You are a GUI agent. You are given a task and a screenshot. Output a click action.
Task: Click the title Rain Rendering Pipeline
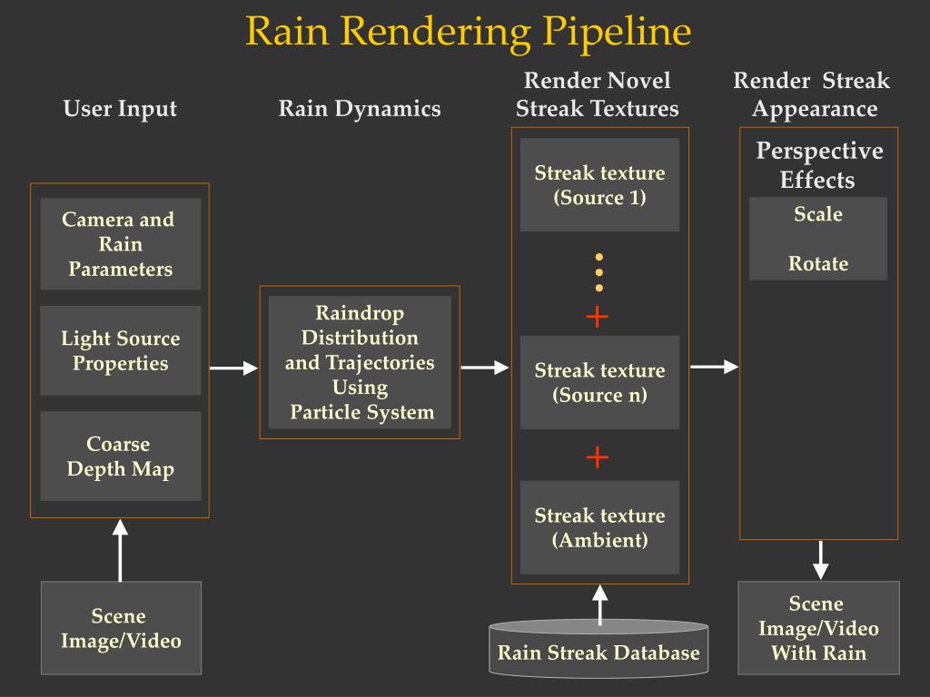click(x=469, y=32)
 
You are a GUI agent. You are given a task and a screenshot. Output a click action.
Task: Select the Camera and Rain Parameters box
click(x=121, y=243)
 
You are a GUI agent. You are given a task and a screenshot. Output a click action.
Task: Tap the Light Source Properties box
click(x=121, y=350)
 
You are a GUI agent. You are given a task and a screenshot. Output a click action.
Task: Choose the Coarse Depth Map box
click(x=121, y=456)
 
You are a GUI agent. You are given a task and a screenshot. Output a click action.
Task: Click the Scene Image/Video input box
click(x=121, y=628)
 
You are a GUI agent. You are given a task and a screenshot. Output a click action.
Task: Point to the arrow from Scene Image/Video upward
click(x=121, y=551)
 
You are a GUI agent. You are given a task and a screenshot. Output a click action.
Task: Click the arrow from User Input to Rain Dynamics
click(x=233, y=368)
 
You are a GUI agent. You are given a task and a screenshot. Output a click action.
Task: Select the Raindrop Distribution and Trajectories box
click(x=360, y=362)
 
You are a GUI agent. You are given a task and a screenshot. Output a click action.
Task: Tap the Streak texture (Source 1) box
click(x=599, y=185)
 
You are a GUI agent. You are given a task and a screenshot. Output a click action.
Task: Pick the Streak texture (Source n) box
click(x=599, y=382)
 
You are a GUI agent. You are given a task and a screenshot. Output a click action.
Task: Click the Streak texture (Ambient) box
click(x=599, y=527)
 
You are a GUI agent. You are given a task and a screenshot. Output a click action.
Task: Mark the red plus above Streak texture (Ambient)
click(x=598, y=457)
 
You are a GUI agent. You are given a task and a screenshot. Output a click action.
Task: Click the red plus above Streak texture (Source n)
click(x=598, y=317)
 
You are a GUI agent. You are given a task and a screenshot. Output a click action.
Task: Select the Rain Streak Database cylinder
click(x=599, y=649)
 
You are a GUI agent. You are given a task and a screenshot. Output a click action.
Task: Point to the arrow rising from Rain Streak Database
click(x=599, y=605)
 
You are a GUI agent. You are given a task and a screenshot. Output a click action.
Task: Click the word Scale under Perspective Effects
click(x=818, y=214)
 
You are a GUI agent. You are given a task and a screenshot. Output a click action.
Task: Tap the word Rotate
click(x=818, y=263)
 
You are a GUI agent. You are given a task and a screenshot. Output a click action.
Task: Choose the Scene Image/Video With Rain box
click(x=818, y=628)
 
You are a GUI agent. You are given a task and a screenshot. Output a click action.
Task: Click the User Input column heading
click(x=121, y=109)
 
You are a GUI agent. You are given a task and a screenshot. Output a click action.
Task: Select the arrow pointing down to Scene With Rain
click(x=820, y=560)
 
